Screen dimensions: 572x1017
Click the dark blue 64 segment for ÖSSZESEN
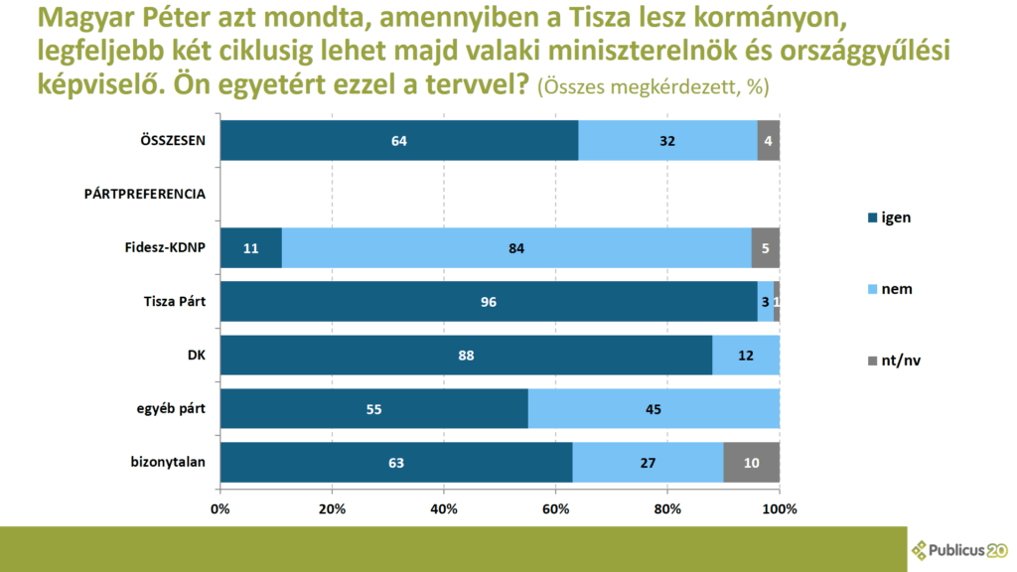click(399, 141)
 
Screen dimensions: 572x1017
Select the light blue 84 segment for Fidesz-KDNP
click(516, 248)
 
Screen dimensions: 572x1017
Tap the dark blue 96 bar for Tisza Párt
click(489, 302)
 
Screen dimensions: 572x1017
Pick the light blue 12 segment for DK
click(745, 356)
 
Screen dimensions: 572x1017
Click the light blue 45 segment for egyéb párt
click(654, 409)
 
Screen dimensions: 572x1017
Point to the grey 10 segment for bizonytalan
click(752, 463)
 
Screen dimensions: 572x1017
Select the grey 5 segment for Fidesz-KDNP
click(765, 248)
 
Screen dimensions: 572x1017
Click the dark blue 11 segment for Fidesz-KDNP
click(250, 248)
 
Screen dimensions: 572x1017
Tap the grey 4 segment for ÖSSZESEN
click(768, 141)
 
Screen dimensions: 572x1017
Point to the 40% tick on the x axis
click(444, 509)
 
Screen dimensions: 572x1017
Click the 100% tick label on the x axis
click(780, 509)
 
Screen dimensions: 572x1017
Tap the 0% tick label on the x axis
click(220, 509)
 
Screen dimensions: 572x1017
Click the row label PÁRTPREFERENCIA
click(144, 195)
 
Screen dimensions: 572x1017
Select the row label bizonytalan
click(168, 463)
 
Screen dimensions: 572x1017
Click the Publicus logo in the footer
click(959, 548)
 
